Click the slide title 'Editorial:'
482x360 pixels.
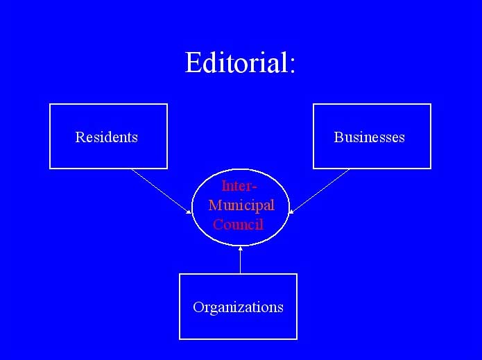[240, 62]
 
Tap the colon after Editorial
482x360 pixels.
[292, 65]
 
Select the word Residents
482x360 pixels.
[107, 137]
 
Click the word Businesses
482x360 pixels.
[369, 137]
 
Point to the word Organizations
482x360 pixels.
[239, 307]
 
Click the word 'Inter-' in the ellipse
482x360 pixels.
[239, 186]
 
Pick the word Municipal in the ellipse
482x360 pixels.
[241, 206]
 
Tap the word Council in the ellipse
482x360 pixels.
[239, 224]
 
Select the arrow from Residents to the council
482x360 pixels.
[162, 191]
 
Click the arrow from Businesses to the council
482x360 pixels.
[320, 191]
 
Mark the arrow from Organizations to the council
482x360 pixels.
[241, 260]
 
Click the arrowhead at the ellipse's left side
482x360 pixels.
[189, 212]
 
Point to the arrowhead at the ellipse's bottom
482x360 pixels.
[241, 248]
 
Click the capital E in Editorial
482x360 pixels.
[192, 62]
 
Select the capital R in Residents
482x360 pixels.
[80, 137]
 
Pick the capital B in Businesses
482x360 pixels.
[338, 137]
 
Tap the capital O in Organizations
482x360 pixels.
[198, 307]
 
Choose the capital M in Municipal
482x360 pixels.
[215, 205]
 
